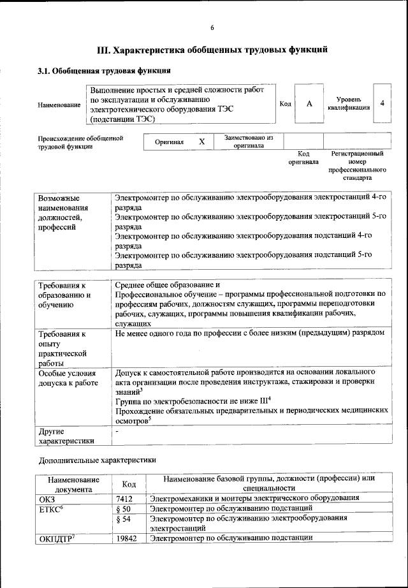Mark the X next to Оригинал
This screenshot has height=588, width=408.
[x=201, y=142]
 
